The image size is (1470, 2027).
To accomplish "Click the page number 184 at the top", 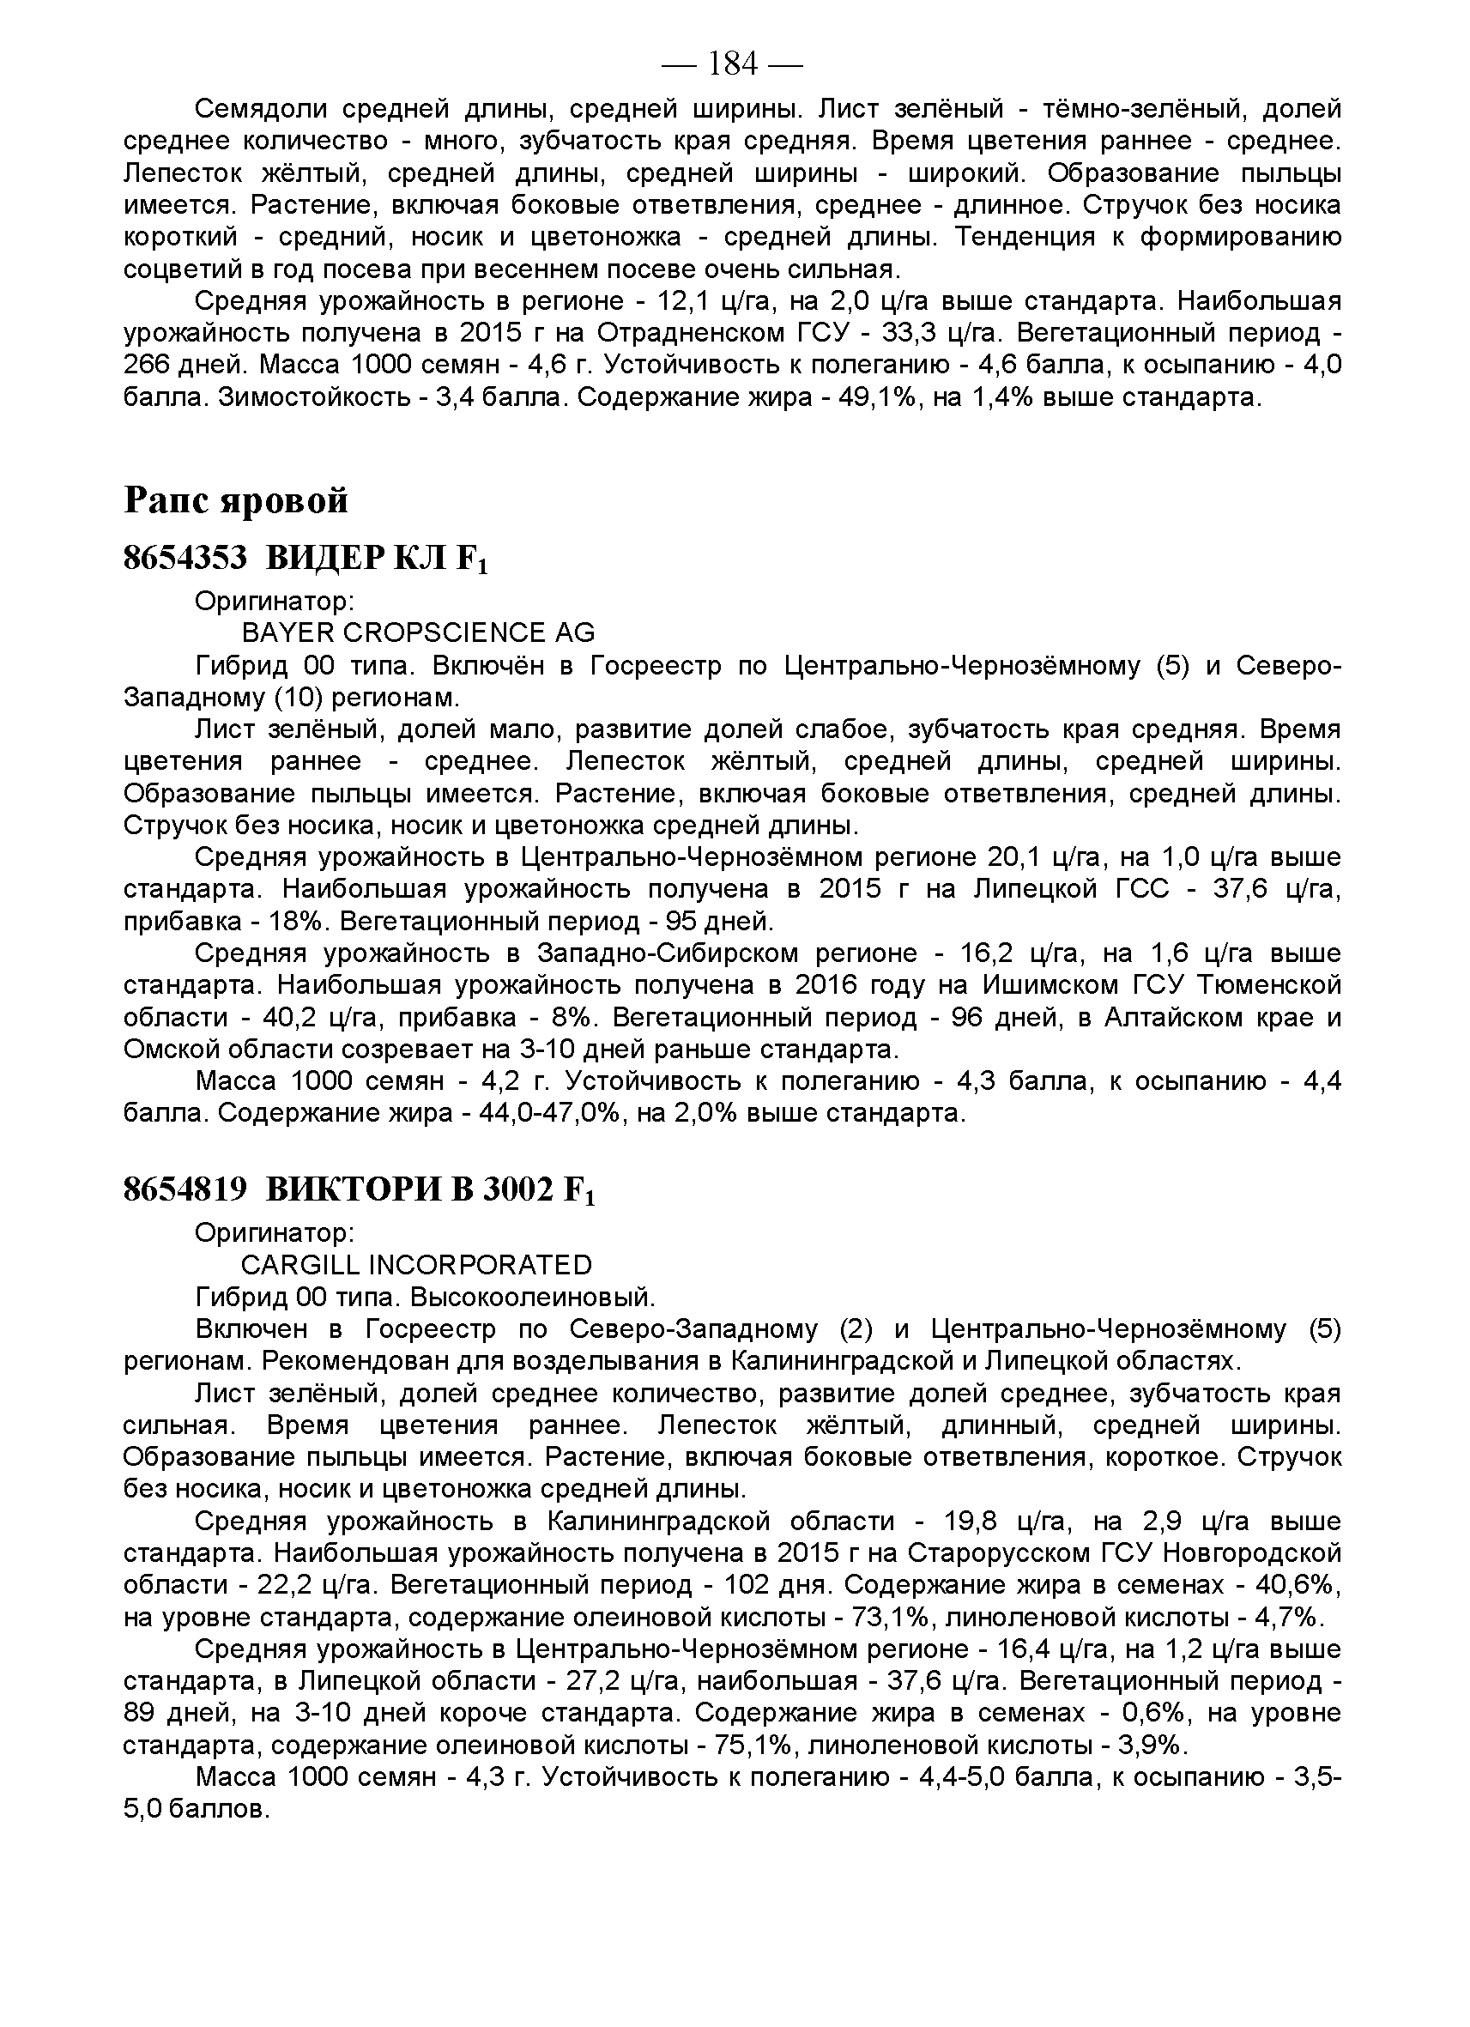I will [732, 64].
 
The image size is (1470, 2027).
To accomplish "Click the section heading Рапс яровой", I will [236, 500].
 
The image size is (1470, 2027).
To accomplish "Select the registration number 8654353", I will [185, 559].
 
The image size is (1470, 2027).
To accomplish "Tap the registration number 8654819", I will [185, 1189].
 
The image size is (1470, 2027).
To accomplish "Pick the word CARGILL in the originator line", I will [299, 1265].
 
